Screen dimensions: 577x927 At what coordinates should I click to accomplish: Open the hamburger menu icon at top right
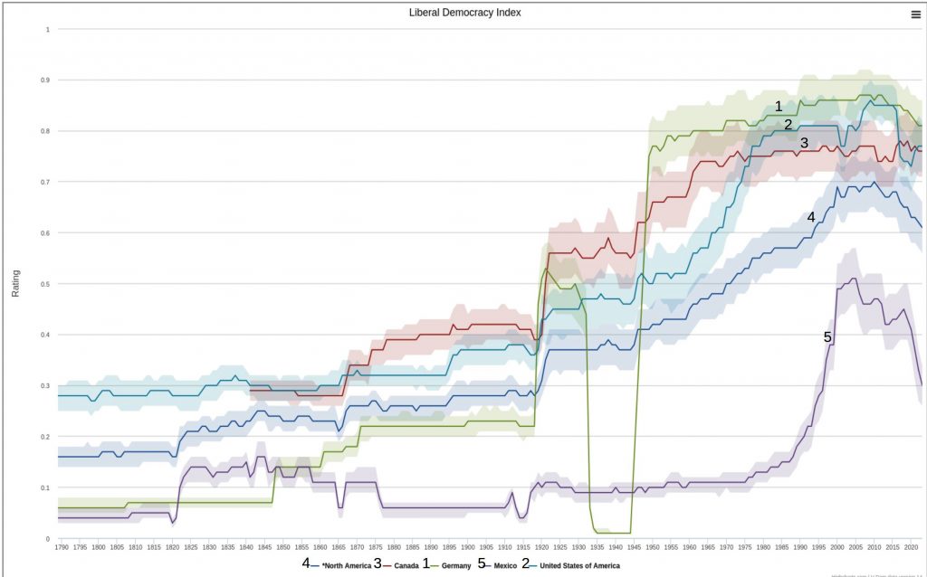[x=915, y=14]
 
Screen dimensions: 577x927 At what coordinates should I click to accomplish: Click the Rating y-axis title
[x=15, y=283]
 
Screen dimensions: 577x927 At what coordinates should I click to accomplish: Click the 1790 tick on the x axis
[x=61, y=547]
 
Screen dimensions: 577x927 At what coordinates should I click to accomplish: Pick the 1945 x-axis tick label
[x=634, y=547]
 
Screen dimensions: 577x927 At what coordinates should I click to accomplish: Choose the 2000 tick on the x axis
[x=837, y=547]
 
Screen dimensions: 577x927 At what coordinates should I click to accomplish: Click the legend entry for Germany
[x=454, y=564]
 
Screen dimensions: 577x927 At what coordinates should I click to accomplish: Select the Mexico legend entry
[x=503, y=564]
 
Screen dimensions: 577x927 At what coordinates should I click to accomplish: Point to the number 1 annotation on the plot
[x=779, y=107]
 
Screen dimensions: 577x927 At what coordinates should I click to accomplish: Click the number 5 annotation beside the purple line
[x=827, y=336]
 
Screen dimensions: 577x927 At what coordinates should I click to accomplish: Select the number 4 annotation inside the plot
[x=811, y=217]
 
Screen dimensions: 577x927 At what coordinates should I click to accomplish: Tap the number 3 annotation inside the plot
[x=804, y=143]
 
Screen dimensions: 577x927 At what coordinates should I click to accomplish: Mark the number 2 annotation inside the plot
[x=788, y=125]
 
